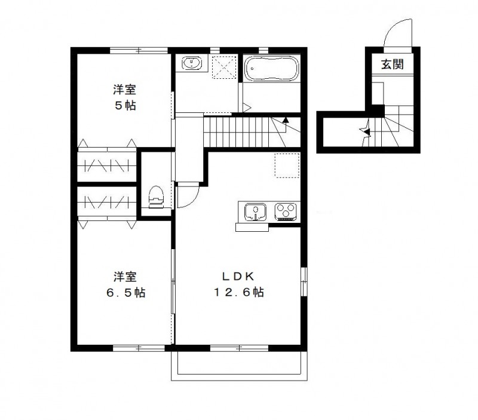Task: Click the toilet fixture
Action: (x=157, y=196)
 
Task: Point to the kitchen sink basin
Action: (x=256, y=211)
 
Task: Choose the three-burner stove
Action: (x=286, y=211)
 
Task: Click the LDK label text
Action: (x=238, y=277)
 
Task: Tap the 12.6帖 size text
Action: (x=240, y=293)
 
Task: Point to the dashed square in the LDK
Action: (x=286, y=165)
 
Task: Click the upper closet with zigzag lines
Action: (x=106, y=164)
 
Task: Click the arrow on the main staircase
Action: (x=286, y=120)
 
